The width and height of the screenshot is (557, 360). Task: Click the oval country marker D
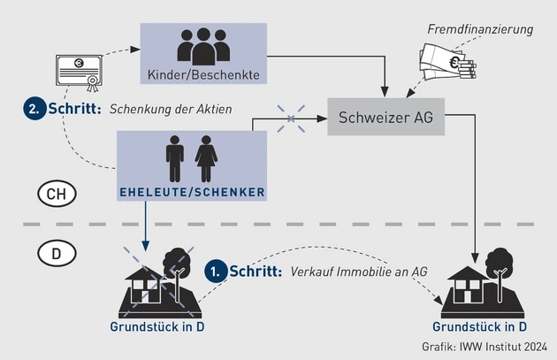click(56, 254)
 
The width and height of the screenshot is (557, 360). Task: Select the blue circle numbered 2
click(34, 111)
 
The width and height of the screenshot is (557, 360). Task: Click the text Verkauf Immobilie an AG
click(359, 272)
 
